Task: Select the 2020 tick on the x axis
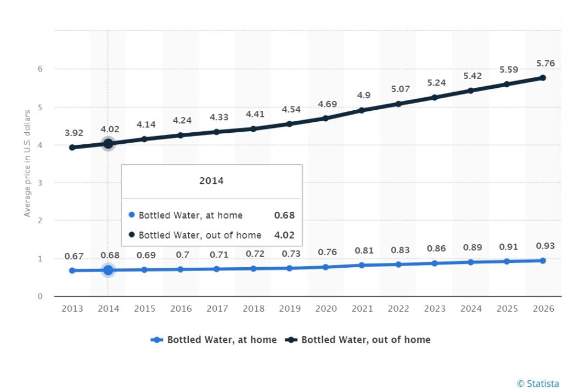tap(325, 309)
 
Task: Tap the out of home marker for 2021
tap(362, 110)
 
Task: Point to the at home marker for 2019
tap(289, 268)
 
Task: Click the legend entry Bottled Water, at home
tap(214, 340)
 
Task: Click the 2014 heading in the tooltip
tap(212, 181)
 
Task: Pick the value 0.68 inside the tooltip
tap(284, 215)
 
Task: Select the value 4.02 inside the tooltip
tap(284, 235)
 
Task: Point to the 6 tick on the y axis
tap(40, 69)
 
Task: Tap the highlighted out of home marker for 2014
tap(108, 144)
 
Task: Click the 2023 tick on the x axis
tap(434, 309)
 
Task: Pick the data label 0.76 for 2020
tap(325, 253)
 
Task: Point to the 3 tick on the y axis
tap(40, 183)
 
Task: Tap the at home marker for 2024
tap(470, 262)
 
